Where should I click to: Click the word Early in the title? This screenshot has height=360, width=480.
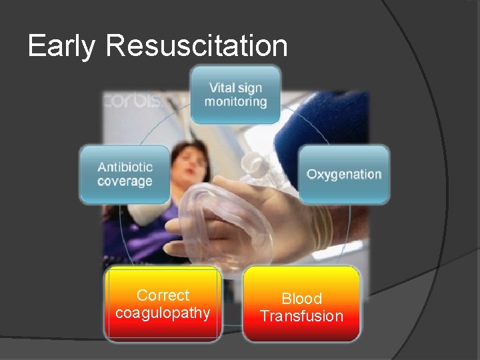point(61,47)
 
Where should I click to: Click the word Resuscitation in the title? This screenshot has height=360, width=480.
point(197,47)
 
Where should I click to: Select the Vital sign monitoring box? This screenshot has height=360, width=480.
point(235,95)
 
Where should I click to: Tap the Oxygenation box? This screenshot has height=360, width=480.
point(344,175)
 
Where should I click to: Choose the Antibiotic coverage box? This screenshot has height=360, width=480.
point(125,175)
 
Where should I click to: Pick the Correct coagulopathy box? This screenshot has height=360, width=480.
point(163,304)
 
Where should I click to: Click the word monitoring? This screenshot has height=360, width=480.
point(235,102)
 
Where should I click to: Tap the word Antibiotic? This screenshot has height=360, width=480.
point(125,167)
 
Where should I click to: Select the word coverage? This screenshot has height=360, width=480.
point(125,181)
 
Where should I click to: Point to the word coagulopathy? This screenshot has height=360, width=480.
point(163,313)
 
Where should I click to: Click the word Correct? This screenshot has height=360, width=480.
point(163,295)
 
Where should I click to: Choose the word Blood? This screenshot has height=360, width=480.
point(301,299)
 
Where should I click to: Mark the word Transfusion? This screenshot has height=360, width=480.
point(301,316)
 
